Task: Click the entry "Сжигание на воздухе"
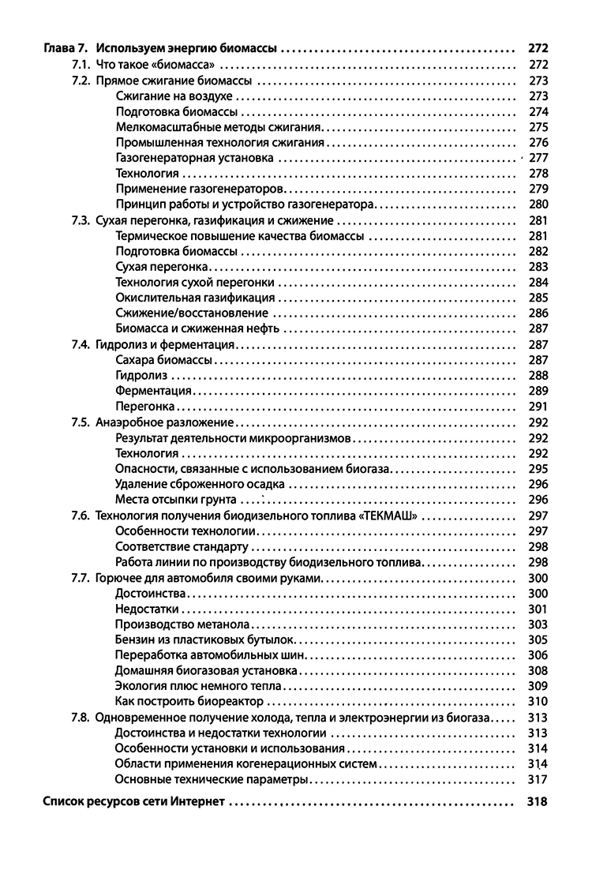point(174,96)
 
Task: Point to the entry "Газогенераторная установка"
point(194,158)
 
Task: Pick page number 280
point(538,204)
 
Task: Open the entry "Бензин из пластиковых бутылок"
point(204,639)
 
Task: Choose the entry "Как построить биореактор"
point(189,701)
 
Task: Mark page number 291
point(538,407)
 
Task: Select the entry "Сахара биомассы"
point(163,360)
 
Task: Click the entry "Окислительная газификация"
point(195,298)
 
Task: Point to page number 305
point(538,639)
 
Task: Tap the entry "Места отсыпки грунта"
point(175,500)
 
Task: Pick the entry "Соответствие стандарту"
point(182,546)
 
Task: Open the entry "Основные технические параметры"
point(211,779)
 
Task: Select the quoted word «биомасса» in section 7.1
point(182,65)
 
